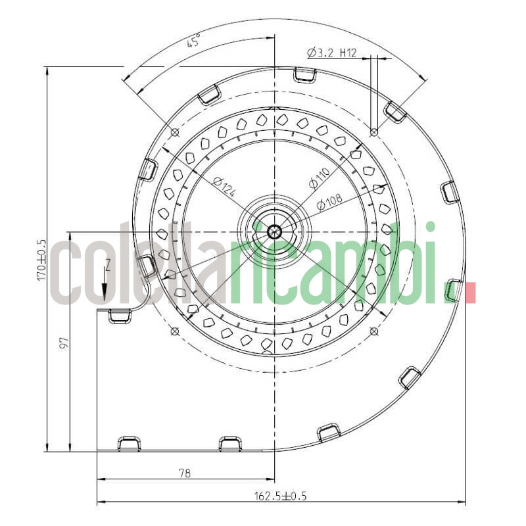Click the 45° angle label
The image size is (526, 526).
click(x=193, y=43)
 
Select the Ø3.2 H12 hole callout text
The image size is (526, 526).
click(x=331, y=53)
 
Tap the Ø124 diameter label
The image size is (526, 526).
click(x=224, y=187)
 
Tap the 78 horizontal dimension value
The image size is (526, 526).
click(x=185, y=473)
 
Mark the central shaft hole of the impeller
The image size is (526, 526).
click(x=274, y=231)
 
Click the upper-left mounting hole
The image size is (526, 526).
click(x=174, y=132)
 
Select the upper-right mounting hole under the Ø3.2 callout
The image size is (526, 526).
click(x=373, y=132)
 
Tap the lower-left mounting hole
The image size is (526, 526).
click(x=174, y=330)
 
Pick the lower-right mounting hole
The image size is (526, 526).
click(x=373, y=330)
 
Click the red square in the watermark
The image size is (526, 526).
click(x=470, y=293)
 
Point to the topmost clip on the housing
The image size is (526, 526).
click(x=304, y=75)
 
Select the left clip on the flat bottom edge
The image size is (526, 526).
click(x=128, y=444)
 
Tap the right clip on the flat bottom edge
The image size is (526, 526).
click(x=230, y=444)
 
